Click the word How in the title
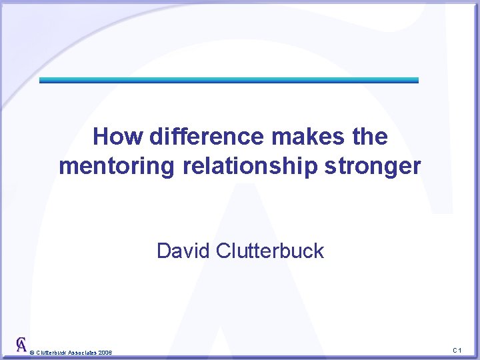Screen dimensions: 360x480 coord(117,137)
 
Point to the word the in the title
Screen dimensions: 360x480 coord(369,137)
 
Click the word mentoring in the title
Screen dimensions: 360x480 coord(117,166)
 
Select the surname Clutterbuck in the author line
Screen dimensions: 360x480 coord(270,251)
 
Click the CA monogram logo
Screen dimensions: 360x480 coord(22,344)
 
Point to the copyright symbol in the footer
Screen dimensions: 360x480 coord(32,352)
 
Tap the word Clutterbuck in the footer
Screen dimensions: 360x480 coord(51,352)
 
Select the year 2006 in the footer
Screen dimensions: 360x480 coord(105,352)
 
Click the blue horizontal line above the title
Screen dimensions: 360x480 coord(229,80)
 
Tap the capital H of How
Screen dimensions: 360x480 coord(101,137)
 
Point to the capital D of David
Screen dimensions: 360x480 coord(163,251)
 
